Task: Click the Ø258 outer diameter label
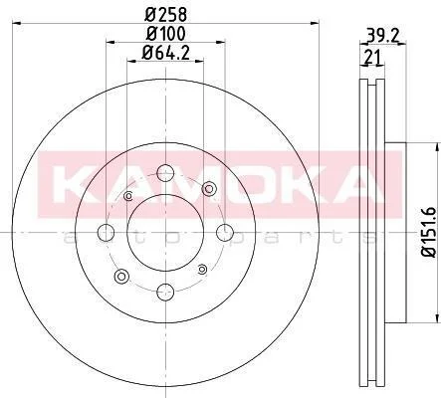pyautogui.click(x=166, y=14)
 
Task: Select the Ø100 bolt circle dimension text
pyautogui.click(x=166, y=34)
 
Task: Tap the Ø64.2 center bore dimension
pyautogui.click(x=165, y=53)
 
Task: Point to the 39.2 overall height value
pyautogui.click(x=382, y=35)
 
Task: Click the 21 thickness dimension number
pyautogui.click(x=373, y=58)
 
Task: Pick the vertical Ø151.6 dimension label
pyautogui.click(x=429, y=232)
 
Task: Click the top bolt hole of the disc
pyautogui.click(x=165, y=173)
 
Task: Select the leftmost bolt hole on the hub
pyautogui.click(x=106, y=232)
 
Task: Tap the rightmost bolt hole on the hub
pyautogui.click(x=225, y=232)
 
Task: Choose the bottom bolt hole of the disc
pyautogui.click(x=165, y=292)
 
